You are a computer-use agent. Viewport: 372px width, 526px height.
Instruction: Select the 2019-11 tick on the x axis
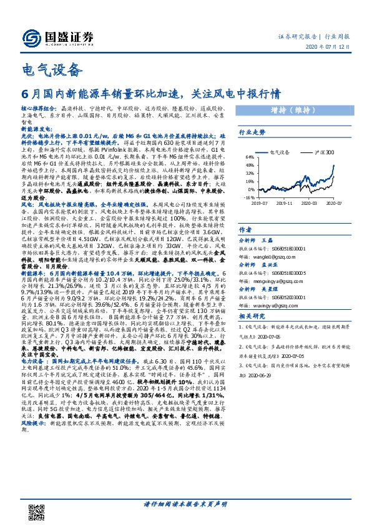(x=285, y=203)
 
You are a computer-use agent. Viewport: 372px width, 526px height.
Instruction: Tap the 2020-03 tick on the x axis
(x=311, y=203)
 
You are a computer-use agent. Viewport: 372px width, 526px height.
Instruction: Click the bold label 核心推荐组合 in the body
(x=37, y=107)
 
